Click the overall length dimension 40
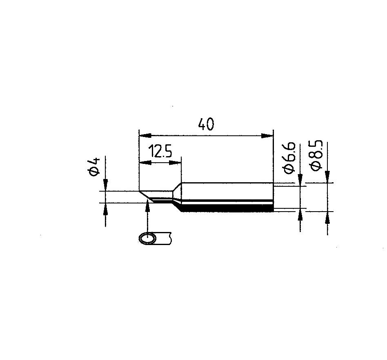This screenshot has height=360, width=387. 206,124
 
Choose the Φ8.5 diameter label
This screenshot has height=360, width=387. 316,155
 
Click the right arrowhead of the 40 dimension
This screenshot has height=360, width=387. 267,136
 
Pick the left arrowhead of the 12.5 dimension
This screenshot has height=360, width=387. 145,163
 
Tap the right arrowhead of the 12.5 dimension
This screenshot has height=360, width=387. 175,163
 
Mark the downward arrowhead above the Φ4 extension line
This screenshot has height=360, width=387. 106,185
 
